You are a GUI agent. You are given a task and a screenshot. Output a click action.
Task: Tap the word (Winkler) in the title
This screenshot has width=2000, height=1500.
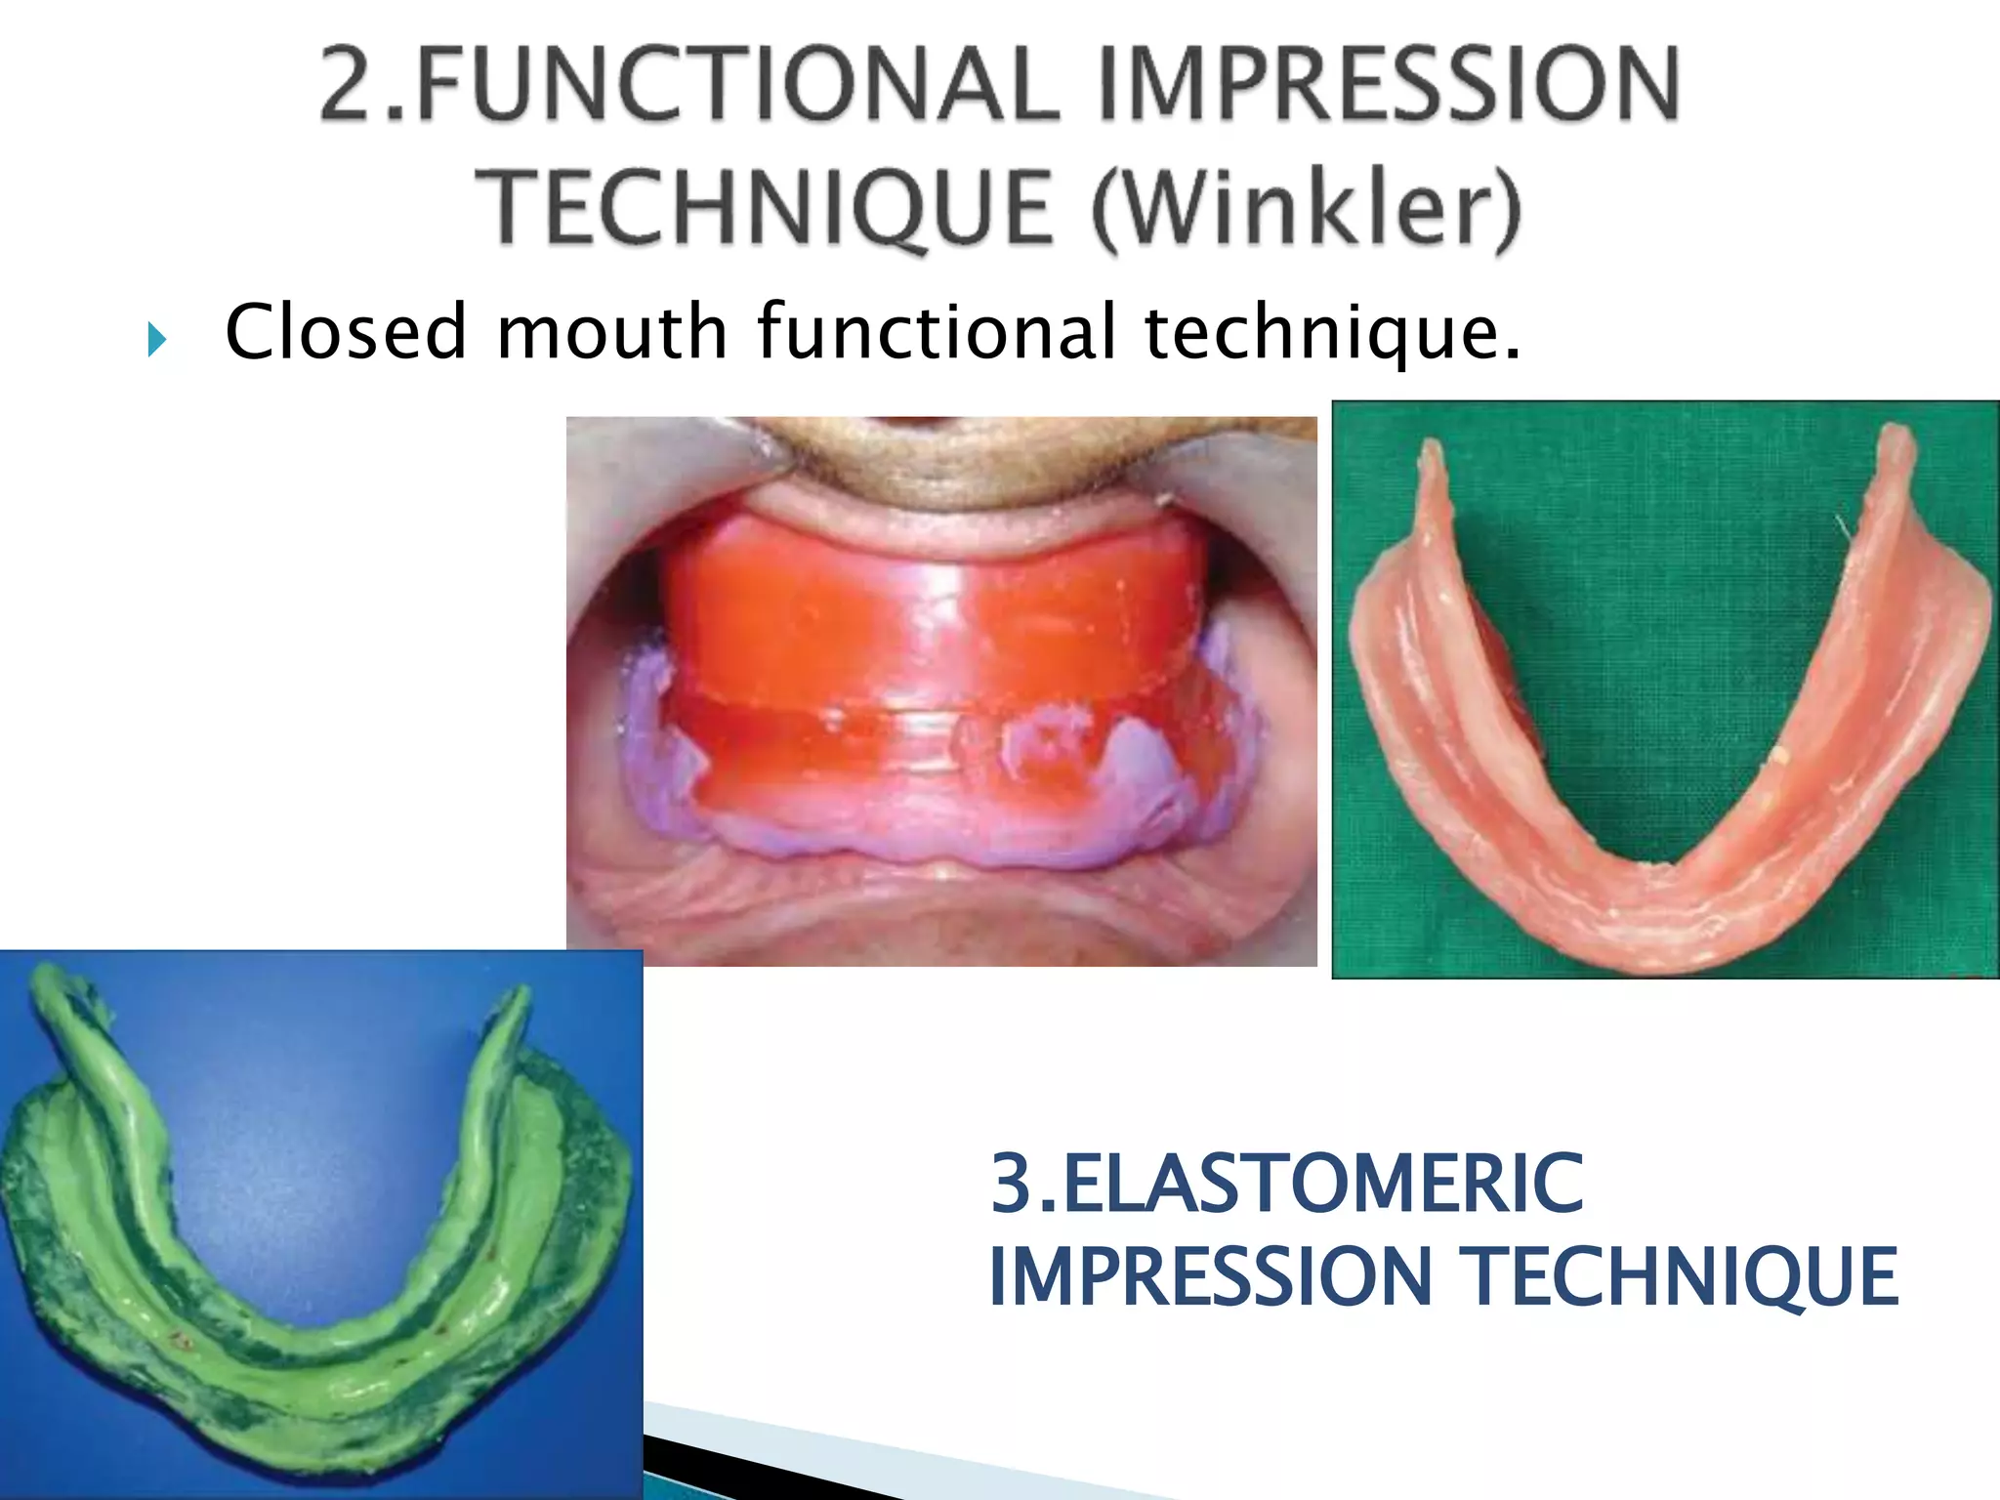(x=1307, y=207)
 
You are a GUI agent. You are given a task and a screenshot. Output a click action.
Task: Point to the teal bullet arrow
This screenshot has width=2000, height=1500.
(x=157, y=340)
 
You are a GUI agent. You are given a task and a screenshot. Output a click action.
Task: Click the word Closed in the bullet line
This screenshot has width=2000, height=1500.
(x=346, y=332)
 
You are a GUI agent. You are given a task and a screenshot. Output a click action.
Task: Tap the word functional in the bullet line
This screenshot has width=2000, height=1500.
(x=937, y=332)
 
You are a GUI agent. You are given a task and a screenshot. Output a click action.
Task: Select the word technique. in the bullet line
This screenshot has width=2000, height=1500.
(x=1332, y=332)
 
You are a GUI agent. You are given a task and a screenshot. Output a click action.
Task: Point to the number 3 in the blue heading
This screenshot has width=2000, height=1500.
(x=1012, y=1184)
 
